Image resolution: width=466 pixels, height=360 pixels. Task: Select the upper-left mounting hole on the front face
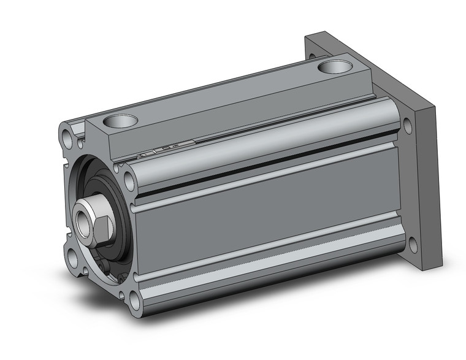66,134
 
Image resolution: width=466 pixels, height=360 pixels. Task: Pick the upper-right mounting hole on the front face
129,180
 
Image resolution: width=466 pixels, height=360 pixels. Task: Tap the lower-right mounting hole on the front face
134,298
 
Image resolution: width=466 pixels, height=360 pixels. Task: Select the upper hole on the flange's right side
407,126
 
